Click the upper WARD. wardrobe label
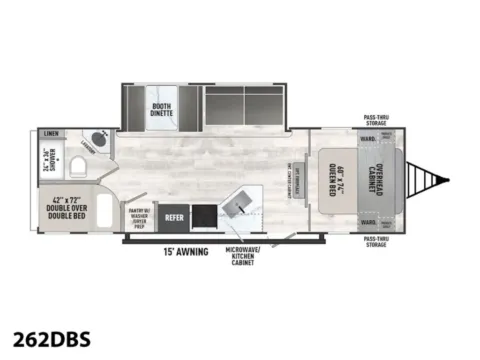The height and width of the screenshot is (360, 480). [x=368, y=135]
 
